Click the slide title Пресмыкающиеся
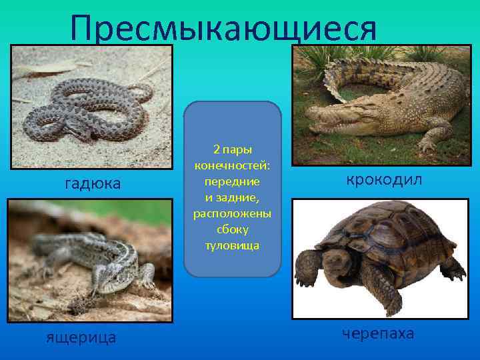223,28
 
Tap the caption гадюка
92,183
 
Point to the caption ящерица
81,337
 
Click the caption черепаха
378,333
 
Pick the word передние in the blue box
233,181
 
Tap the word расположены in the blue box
232,213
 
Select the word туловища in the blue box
232,245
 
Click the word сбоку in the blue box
232,229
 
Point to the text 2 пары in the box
232,149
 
